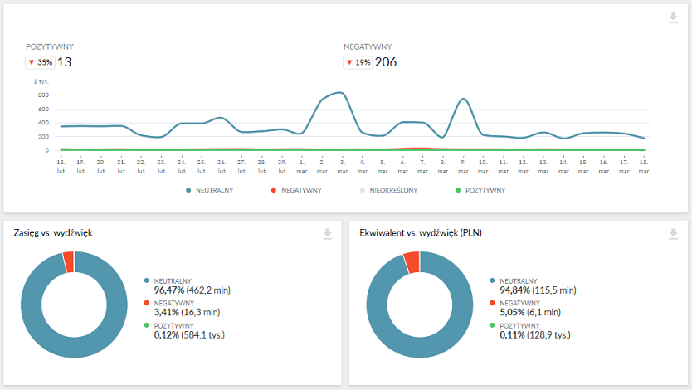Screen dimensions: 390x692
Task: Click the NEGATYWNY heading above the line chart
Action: [x=368, y=47]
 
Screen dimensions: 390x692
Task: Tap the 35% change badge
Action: [x=40, y=62]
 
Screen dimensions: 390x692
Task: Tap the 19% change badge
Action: [x=357, y=62]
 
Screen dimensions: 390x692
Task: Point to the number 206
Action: [x=386, y=62]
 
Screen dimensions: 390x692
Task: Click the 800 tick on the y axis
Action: [x=43, y=95]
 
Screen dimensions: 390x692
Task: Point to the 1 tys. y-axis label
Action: [x=41, y=81]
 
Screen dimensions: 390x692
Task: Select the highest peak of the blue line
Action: [x=339, y=92]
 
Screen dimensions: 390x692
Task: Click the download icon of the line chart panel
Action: [x=674, y=18]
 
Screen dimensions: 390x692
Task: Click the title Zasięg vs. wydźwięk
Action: [x=53, y=233]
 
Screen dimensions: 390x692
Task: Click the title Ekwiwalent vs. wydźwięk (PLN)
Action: [x=421, y=233]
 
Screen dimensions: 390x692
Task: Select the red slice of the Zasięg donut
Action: [x=69, y=261]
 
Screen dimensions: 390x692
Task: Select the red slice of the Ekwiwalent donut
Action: [x=412, y=262]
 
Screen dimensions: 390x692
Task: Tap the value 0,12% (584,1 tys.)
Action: [x=189, y=335]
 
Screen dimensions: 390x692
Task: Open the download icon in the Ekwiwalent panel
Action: [x=674, y=234]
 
